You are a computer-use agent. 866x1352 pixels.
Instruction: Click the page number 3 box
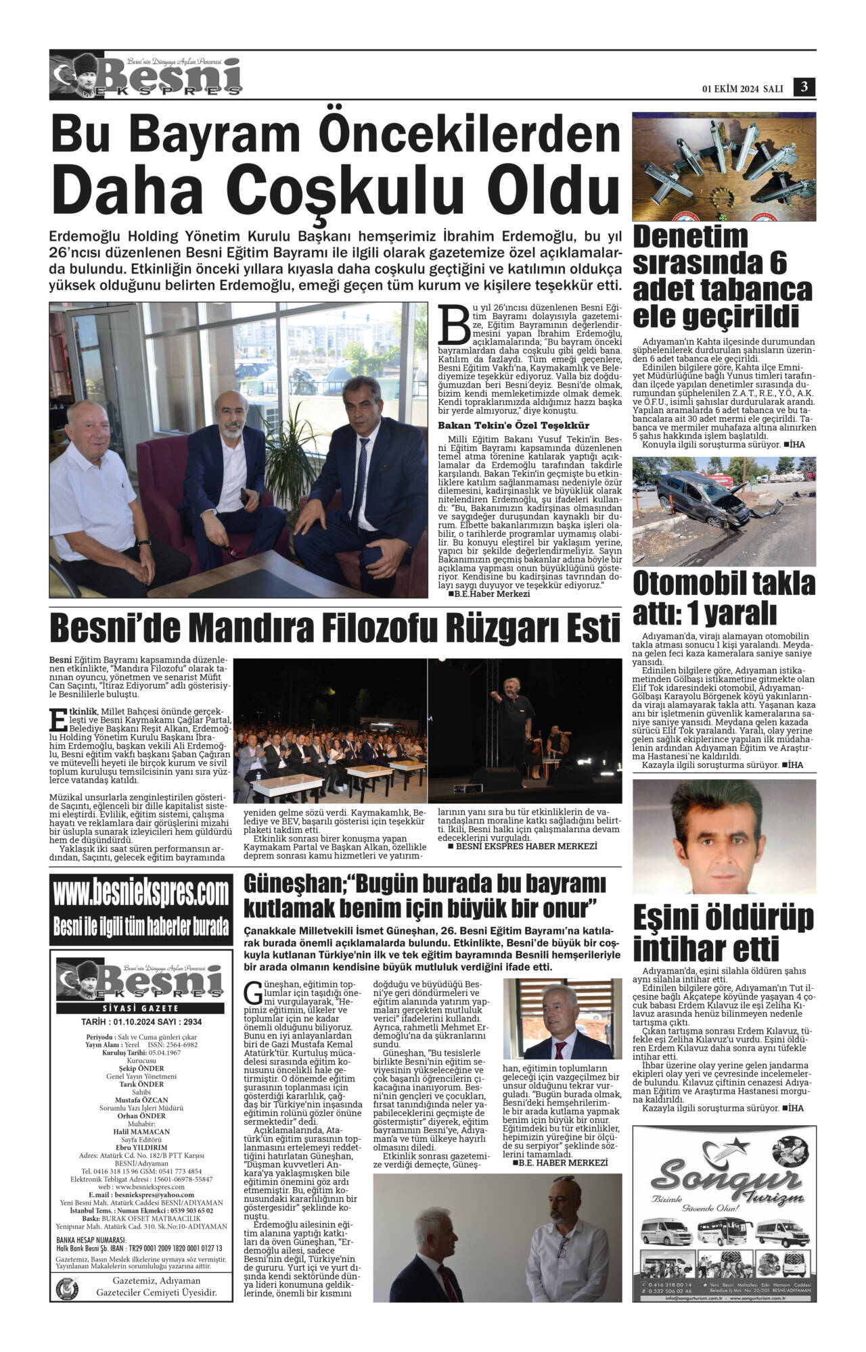click(x=804, y=87)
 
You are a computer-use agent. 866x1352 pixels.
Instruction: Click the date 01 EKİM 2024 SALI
click(x=742, y=89)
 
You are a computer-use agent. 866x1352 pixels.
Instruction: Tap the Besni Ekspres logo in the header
click(x=145, y=76)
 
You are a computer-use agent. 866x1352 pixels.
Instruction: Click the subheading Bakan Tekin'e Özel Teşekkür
click(x=514, y=425)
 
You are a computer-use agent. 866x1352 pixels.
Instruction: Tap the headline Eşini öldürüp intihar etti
click(x=723, y=934)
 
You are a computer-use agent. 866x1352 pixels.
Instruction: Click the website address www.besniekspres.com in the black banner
click(x=141, y=894)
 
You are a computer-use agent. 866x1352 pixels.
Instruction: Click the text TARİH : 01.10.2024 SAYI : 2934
click(x=141, y=1022)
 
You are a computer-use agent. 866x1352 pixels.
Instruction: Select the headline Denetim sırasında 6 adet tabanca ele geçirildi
click(x=723, y=276)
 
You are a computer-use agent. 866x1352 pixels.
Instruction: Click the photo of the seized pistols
click(x=724, y=166)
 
